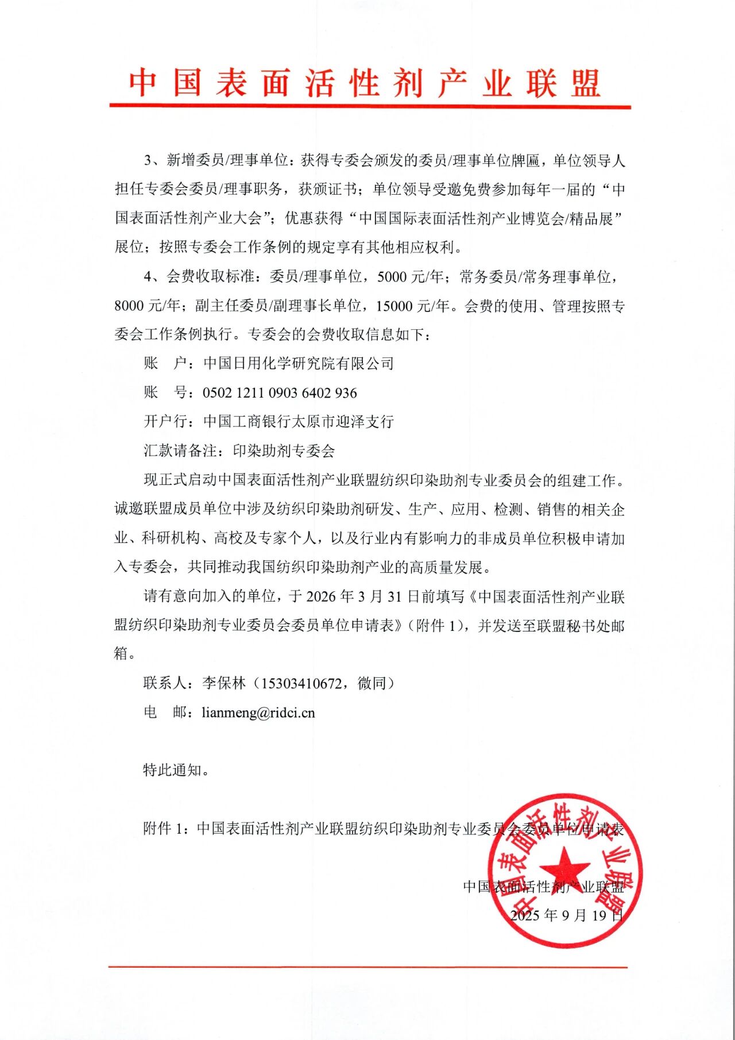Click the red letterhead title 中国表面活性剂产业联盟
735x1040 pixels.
365,83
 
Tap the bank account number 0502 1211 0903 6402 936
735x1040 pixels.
280,393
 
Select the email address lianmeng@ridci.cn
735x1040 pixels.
258,713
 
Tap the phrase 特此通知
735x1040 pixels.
172,770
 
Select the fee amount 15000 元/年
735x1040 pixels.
412,306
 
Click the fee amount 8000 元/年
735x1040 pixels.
148,306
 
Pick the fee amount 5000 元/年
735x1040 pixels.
410,277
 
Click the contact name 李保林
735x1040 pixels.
224,684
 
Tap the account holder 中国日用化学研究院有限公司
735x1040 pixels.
299,364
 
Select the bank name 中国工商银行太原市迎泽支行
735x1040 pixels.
299,422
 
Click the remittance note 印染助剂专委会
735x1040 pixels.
284,451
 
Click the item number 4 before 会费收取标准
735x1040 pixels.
148,277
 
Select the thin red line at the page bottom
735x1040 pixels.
367,967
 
